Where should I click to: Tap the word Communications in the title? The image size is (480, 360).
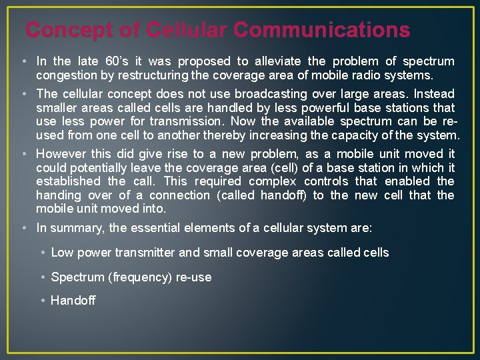tap(322, 30)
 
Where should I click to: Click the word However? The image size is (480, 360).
tap(61, 154)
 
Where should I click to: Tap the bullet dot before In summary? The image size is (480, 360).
tap(23, 228)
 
